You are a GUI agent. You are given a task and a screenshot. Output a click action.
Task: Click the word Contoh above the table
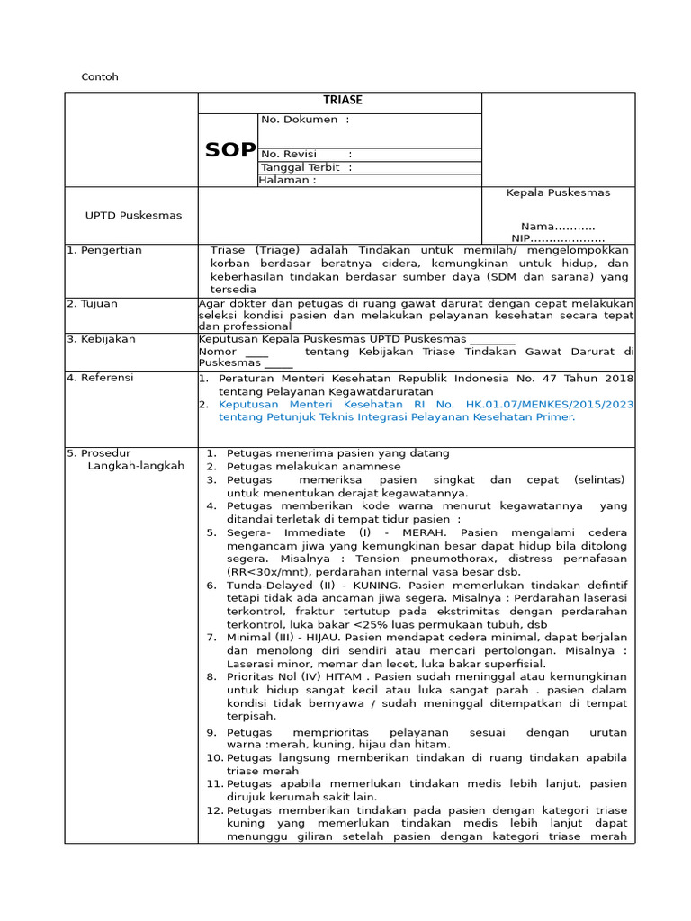point(100,77)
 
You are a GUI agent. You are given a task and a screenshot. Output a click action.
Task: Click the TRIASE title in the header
point(339,101)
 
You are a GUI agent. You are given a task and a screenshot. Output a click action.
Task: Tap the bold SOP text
point(230,150)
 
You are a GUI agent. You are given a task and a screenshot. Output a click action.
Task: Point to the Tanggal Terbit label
point(301,167)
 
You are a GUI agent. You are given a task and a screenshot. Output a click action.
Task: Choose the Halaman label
point(287,180)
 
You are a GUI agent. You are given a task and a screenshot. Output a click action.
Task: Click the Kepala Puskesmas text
point(558,193)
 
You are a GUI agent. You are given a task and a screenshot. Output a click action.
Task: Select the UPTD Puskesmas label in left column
point(133,216)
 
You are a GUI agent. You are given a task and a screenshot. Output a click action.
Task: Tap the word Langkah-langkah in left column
point(136,466)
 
